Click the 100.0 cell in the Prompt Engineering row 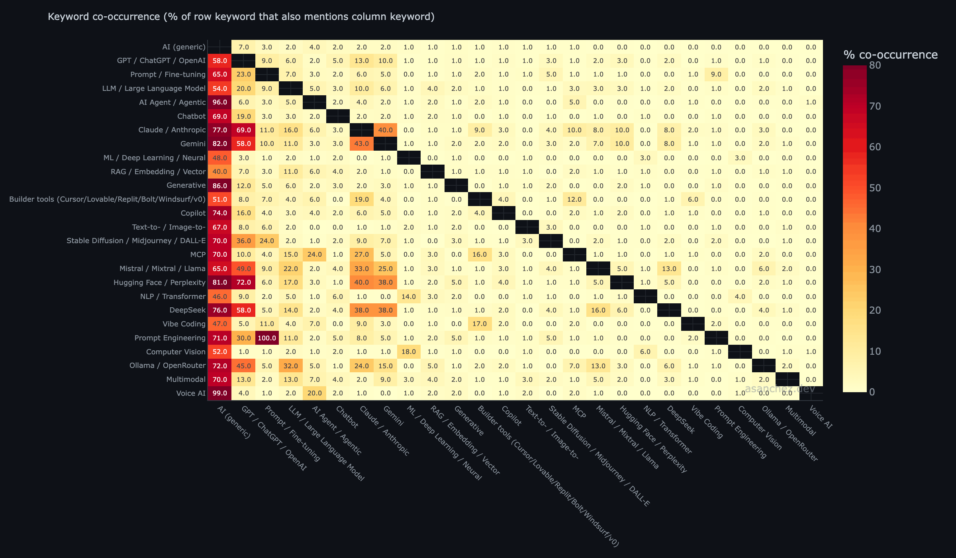pos(267,338)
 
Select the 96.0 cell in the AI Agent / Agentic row pos(219,102)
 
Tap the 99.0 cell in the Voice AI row pos(219,393)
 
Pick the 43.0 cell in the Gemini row pos(362,143)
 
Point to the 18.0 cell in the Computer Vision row pos(409,352)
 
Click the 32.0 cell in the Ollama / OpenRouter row pos(291,365)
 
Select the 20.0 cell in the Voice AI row pos(314,393)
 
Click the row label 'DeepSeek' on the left pos(187,310)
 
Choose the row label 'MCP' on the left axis pos(198,255)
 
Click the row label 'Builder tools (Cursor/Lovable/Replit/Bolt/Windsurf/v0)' pos(107,199)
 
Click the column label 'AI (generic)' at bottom pos(234,422)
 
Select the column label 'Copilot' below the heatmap pos(511,416)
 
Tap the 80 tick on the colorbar pos(875,65)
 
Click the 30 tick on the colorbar pos(875,270)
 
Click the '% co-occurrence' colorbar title pos(890,55)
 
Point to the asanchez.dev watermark pos(780,389)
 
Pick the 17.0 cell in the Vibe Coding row pos(480,324)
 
